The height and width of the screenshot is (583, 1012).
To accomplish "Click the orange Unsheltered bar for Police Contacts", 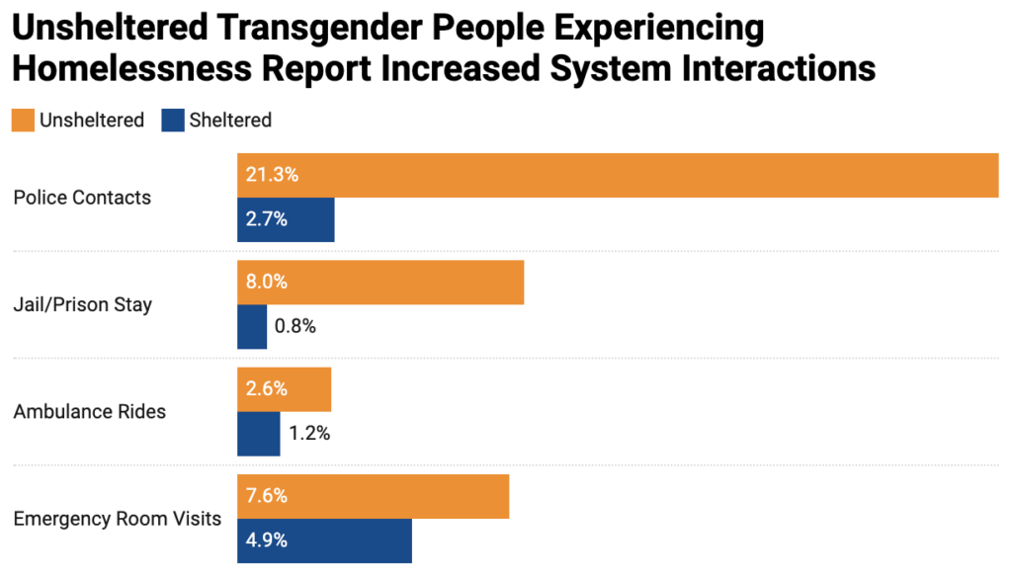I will click(618, 175).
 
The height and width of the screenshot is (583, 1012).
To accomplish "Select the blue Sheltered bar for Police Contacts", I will click(286, 219).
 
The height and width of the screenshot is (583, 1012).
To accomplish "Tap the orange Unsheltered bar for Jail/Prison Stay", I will click(380, 282).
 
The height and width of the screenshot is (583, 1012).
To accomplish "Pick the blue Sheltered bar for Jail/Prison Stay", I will click(252, 326).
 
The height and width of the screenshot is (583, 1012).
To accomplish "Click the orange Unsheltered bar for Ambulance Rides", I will click(284, 388).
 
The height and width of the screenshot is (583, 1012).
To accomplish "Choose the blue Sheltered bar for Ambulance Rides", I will click(259, 433).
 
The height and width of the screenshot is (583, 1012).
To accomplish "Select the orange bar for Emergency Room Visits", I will click(373, 496).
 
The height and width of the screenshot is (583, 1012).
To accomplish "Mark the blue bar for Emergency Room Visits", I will click(324, 541).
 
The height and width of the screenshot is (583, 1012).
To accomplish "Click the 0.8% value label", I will click(295, 326).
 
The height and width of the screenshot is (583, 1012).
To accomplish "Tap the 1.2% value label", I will click(308, 433).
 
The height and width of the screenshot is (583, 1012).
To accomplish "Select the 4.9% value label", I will click(267, 541).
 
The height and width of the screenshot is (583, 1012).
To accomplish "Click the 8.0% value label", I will click(267, 282).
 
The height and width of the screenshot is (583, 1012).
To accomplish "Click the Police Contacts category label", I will click(82, 198).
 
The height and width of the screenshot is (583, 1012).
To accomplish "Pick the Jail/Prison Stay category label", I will click(82, 304).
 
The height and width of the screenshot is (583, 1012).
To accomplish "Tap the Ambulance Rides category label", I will click(89, 411).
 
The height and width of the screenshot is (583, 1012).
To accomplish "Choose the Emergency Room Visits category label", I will click(117, 518).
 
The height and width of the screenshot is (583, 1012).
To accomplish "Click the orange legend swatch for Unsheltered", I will click(23, 121).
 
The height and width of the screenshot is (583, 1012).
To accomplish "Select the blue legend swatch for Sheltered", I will click(172, 121).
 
